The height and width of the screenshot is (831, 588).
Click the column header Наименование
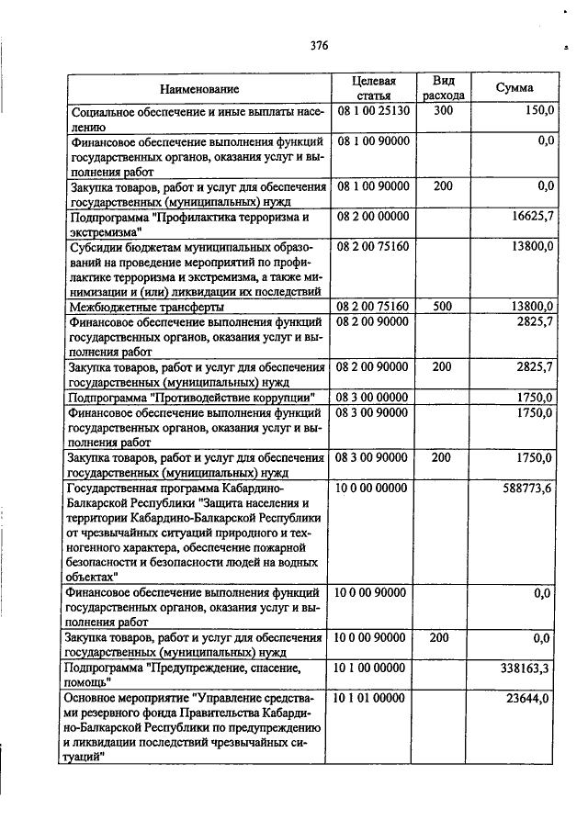[x=199, y=89]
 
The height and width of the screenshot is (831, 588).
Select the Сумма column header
[x=514, y=88]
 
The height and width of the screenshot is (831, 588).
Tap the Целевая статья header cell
[x=372, y=88]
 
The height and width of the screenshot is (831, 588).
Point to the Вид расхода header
[x=444, y=88]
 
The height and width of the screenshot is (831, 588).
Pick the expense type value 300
[x=444, y=110]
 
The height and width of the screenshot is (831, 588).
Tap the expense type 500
[x=444, y=306]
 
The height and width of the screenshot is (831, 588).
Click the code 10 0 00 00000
[x=371, y=487]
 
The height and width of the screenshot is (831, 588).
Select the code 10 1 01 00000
[x=371, y=698]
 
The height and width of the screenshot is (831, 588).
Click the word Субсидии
[x=96, y=247]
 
